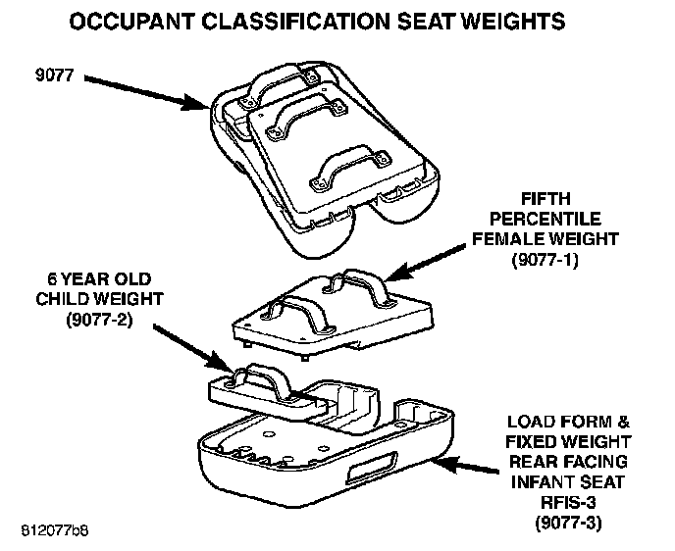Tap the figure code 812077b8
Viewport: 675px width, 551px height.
coord(53,529)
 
